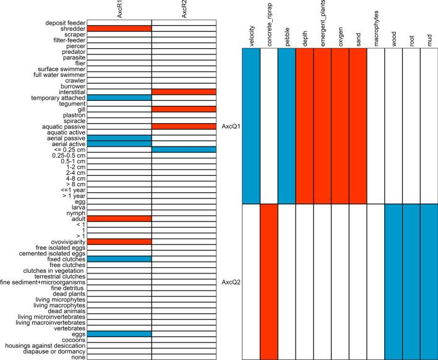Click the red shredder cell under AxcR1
(119, 28)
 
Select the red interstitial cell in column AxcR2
(184, 92)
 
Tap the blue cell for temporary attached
(119, 98)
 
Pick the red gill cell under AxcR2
(184, 109)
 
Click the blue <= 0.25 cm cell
(184, 149)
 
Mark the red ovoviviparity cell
(119, 241)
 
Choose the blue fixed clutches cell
(119, 259)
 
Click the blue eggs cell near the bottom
(119, 333)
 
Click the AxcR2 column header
(184, 11)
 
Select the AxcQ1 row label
(230, 126)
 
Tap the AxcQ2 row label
(230, 281)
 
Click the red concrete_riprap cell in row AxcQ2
(269, 281)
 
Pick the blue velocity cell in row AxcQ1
(251, 126)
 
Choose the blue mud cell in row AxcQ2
(429, 281)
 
